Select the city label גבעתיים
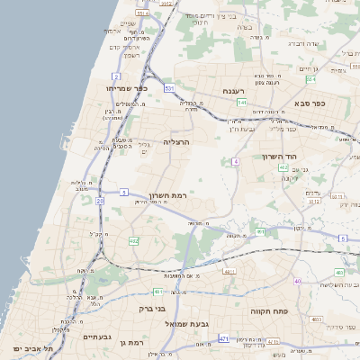click(96, 337)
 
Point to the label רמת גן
click(131, 343)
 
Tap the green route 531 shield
click(169, 88)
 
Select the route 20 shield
click(100, 202)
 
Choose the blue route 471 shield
click(223, 338)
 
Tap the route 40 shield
click(297, 282)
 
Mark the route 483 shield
click(339, 272)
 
